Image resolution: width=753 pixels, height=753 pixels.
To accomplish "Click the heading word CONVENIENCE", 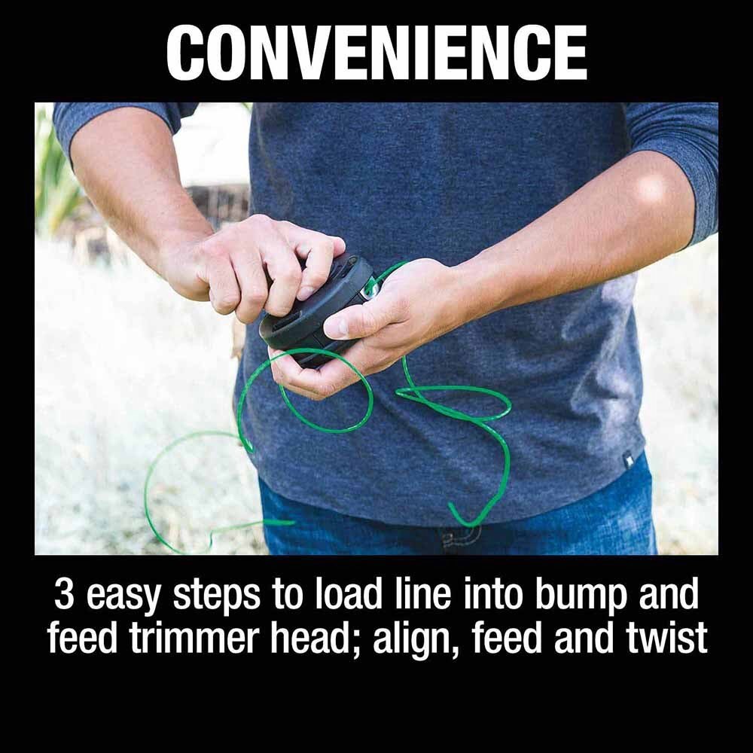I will [376, 53].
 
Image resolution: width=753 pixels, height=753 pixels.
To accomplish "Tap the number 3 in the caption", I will [65, 596].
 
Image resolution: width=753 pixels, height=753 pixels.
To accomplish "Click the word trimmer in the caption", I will [176, 639].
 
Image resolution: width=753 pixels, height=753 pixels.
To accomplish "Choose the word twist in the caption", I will [667, 637].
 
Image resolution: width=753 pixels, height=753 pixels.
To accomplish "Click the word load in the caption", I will [344, 596].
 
